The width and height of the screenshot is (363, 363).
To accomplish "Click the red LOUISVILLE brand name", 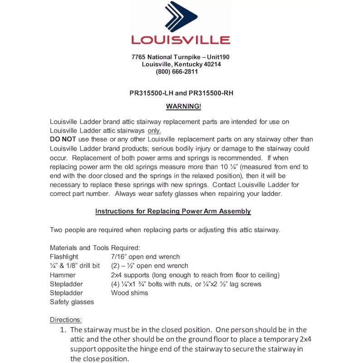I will tap(181, 40).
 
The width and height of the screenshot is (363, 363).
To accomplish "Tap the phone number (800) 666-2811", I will tap(177, 72).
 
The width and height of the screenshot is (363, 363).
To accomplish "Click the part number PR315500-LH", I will tap(151, 93).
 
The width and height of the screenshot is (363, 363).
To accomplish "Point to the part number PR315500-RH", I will tap(211, 93).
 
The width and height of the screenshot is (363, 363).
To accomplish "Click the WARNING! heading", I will tap(183, 106).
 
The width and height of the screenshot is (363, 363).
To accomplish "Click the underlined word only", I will tap(154, 131).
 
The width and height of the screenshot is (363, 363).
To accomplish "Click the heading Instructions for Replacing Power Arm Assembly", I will tap(173, 211).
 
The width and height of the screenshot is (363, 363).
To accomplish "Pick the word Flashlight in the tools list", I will tap(64, 257).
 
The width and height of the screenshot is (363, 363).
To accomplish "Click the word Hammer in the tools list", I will tap(63, 275).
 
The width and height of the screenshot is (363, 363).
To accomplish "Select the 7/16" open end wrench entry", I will tap(145, 257).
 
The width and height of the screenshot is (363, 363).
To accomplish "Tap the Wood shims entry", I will tap(129, 293).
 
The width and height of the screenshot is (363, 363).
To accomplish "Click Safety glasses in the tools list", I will tap(72, 302).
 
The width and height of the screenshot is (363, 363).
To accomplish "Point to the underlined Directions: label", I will tap(65, 319).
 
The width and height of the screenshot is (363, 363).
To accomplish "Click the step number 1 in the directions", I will tap(63, 330).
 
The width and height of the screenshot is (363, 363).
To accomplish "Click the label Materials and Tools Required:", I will tap(95, 248).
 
